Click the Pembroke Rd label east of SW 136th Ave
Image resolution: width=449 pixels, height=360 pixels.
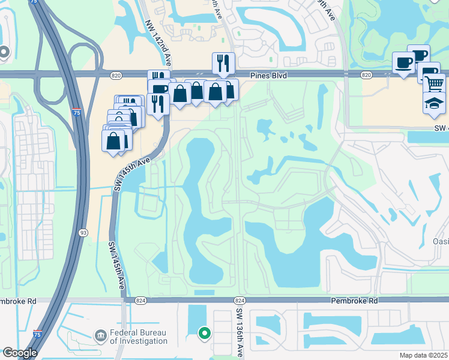tap(357, 300)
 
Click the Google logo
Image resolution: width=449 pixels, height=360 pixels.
tap(19, 353)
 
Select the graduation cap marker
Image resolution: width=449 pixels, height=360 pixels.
tap(433, 103)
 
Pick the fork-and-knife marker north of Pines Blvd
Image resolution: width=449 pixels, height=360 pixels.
tap(223, 63)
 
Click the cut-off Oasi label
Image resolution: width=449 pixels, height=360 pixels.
tap(440, 241)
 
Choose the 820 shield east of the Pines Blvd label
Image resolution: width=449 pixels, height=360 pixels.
tap(366, 75)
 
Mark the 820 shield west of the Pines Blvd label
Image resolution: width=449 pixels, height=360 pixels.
tap(116, 75)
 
